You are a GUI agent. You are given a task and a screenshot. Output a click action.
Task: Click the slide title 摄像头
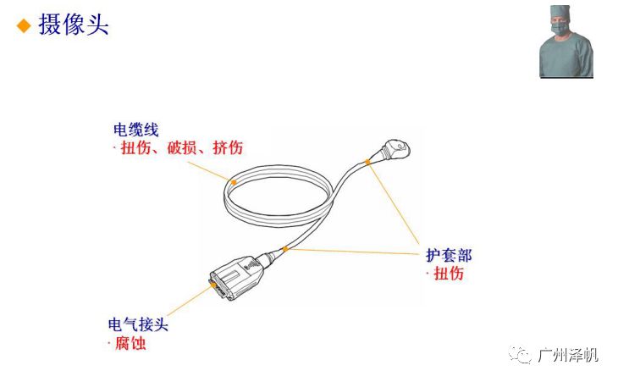point(74,25)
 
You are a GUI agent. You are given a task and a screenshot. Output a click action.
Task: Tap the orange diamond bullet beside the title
point(24,25)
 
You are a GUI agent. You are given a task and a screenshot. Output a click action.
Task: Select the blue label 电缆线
point(136,130)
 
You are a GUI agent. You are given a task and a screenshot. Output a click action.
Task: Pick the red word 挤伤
point(227,148)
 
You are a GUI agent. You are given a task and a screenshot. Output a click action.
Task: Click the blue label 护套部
point(449,255)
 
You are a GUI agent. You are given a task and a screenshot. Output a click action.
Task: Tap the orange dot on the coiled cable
point(234,180)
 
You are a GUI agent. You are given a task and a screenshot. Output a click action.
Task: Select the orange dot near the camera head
point(367,161)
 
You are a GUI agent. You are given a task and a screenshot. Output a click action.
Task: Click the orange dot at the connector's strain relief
point(286,249)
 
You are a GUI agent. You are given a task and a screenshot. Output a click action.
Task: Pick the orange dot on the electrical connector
point(212,287)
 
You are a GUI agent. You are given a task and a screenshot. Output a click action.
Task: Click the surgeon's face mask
point(560,30)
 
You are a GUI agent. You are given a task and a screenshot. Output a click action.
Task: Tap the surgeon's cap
point(560,11)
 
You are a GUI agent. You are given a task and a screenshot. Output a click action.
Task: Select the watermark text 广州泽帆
point(568,355)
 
